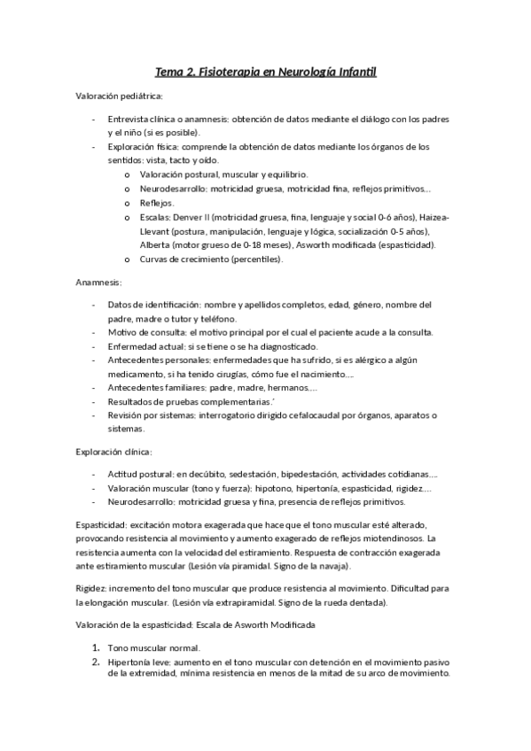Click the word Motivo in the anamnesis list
click(122, 332)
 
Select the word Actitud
click(122, 474)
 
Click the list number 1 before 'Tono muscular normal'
click(95, 647)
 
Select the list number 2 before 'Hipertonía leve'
click(95, 661)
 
